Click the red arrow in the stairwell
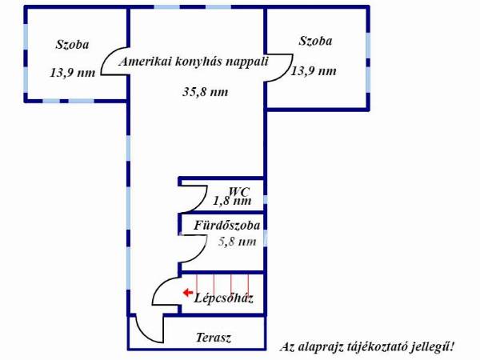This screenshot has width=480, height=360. click(x=188, y=293)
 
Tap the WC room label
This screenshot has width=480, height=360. click(x=239, y=192)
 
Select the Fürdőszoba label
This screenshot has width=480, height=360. click(x=227, y=226)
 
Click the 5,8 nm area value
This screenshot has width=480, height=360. click(x=238, y=242)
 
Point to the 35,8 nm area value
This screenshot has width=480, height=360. click(x=206, y=91)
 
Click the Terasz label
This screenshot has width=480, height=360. click(x=214, y=338)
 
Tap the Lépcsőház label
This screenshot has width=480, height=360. click(x=223, y=298)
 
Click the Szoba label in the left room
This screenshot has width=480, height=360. click(x=72, y=44)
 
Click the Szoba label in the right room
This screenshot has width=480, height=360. click(x=315, y=41)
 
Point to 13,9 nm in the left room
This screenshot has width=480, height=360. click(x=73, y=73)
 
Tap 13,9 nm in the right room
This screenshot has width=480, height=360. click(x=314, y=71)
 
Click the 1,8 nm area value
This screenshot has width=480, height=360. click(x=232, y=201)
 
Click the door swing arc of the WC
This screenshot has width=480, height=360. click(x=202, y=202)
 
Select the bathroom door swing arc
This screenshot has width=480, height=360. click(x=202, y=253)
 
